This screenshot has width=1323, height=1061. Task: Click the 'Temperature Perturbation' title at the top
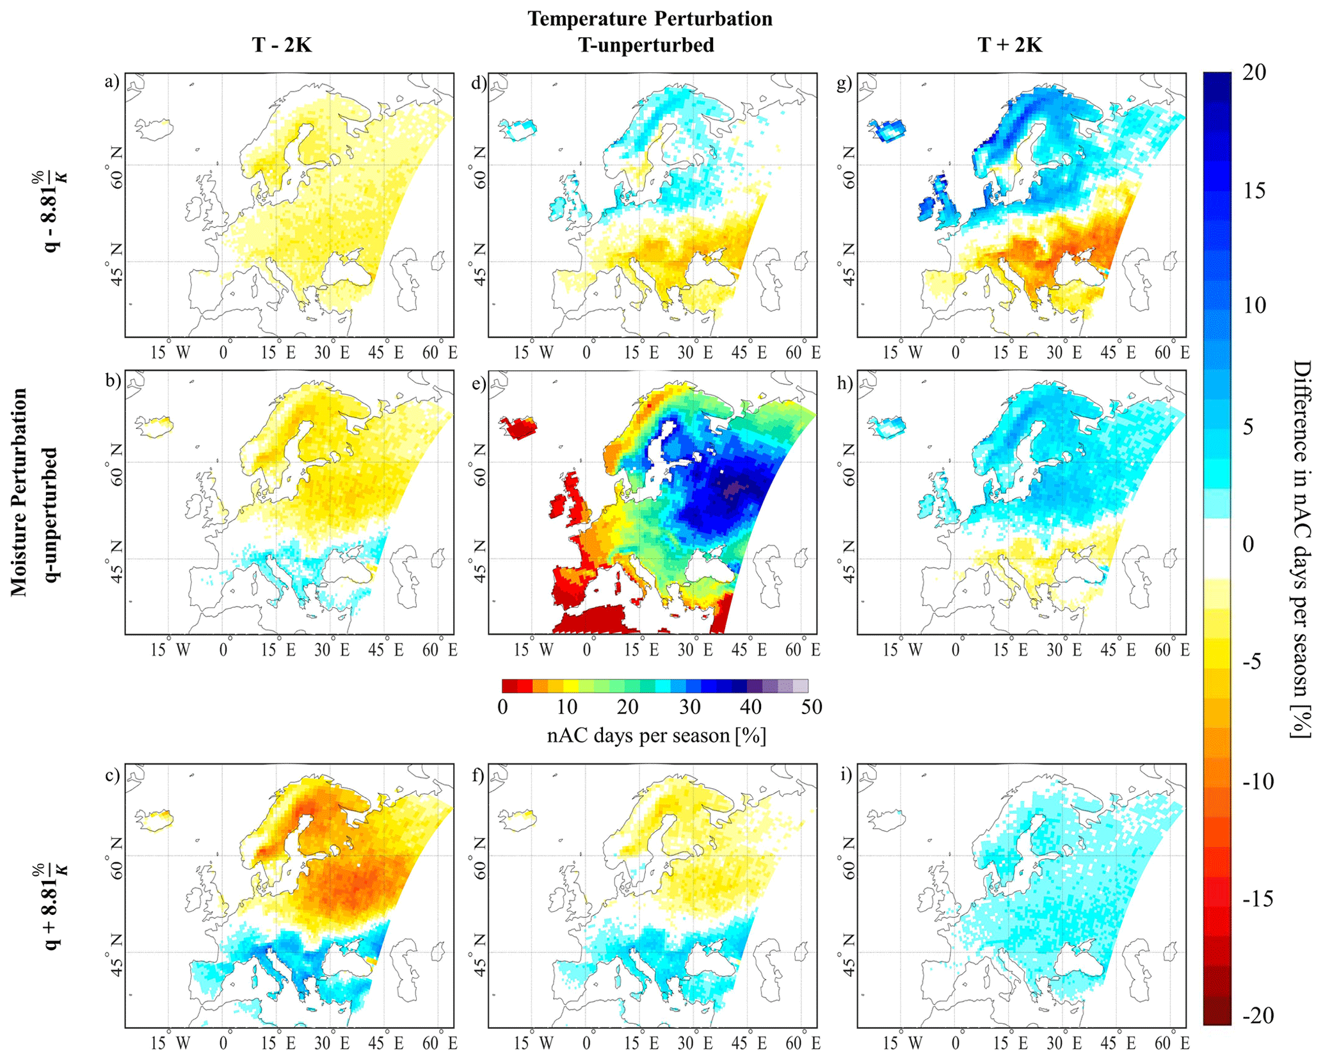pos(650,19)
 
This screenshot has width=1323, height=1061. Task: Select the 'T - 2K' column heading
pos(282,45)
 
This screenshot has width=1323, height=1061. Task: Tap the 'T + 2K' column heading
pos(1010,45)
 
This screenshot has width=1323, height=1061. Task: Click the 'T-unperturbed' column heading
pos(646,45)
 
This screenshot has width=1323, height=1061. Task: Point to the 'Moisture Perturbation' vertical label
pos(19,492)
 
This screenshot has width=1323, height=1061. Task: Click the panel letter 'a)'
pos(113,82)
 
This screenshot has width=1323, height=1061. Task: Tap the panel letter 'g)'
pos(845,83)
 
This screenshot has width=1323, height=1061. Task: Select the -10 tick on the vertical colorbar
pos(1258,781)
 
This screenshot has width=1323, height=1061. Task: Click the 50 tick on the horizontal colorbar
pos(811,707)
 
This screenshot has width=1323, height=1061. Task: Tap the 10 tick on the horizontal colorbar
pos(566,707)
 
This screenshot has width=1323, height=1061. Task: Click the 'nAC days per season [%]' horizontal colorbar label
pos(656,735)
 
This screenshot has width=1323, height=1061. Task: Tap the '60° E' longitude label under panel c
pos(439,1043)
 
